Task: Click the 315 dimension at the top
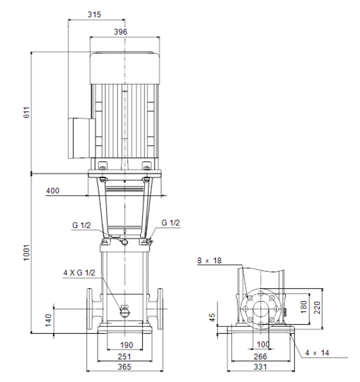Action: [94, 15]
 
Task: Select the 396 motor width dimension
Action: [121, 32]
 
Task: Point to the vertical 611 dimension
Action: [27, 112]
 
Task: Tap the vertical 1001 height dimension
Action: [27, 253]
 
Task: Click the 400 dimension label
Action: [53, 191]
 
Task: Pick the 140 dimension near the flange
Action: [48, 320]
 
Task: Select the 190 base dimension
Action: [127, 345]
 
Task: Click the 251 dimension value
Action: [124, 357]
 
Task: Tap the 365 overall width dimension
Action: [124, 367]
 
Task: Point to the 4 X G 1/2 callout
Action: [79, 273]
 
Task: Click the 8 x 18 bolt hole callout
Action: [210, 261]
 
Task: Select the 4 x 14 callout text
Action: [317, 353]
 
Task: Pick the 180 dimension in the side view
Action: [304, 307]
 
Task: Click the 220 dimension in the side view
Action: [317, 308]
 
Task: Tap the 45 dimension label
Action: [212, 317]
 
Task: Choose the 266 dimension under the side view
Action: [260, 357]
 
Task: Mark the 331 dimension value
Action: [260, 367]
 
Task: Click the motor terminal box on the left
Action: [82, 138]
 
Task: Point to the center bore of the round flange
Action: [261, 309]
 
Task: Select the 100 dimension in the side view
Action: [263, 344]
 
